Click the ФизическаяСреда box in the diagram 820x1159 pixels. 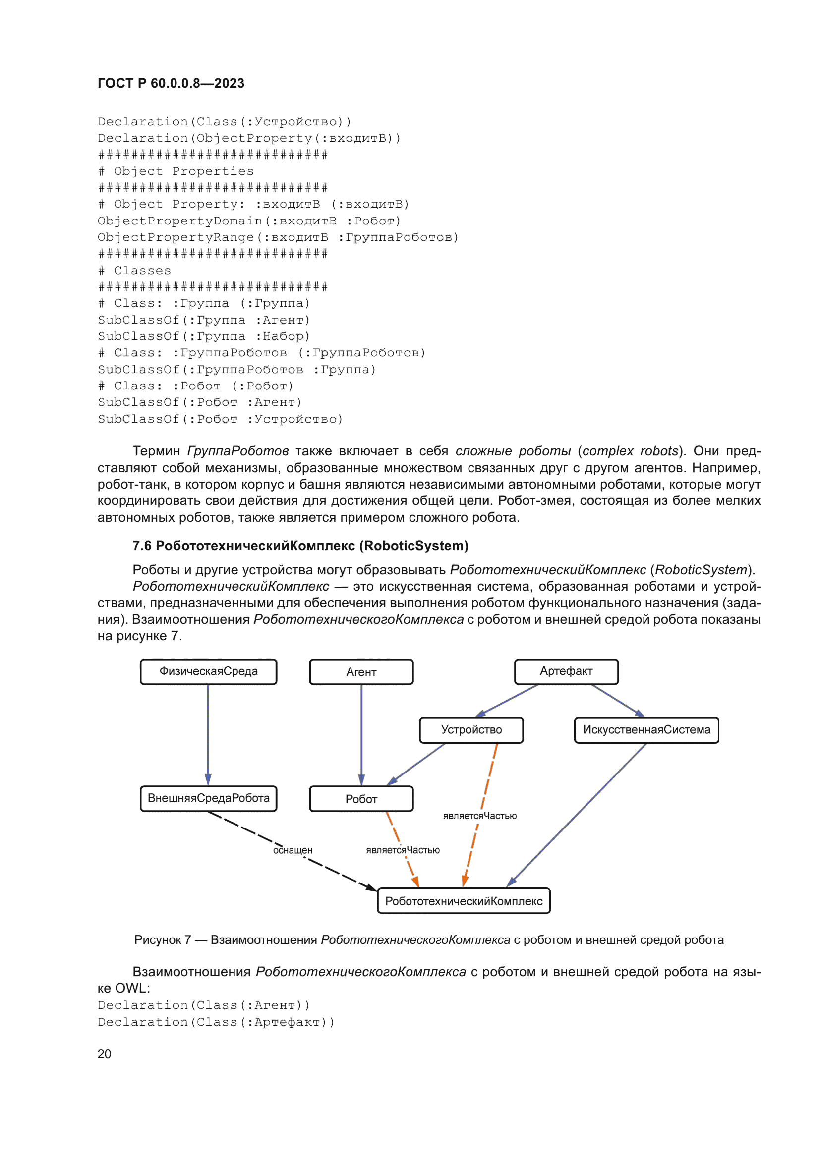[208, 671]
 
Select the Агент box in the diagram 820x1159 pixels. [361, 672]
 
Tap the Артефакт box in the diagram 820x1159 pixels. [566, 671]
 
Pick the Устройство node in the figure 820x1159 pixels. [471, 730]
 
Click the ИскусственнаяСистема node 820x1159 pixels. [646, 730]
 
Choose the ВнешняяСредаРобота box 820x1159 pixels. [208, 798]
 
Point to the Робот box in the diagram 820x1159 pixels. [361, 799]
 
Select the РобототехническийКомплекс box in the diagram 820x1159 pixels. [464, 901]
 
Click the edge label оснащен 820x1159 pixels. [293, 851]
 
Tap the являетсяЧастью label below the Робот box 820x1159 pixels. [403, 851]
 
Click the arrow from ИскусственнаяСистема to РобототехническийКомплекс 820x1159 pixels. [581, 813]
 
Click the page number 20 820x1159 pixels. [104, 1054]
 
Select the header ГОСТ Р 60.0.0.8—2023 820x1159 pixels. [171, 83]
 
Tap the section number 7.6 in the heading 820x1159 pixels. [142, 546]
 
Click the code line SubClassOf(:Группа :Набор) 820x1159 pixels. [203, 336]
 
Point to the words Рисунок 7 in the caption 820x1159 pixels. [162, 940]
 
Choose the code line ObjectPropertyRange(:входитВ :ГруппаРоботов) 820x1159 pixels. [278, 237]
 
